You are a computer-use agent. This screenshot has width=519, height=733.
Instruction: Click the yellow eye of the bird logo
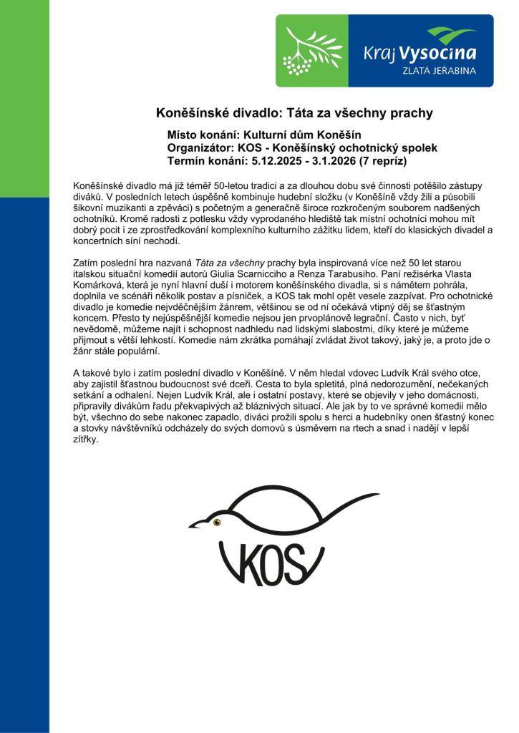[x=220, y=522]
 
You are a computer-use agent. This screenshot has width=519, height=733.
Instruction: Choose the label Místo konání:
[x=203, y=135]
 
